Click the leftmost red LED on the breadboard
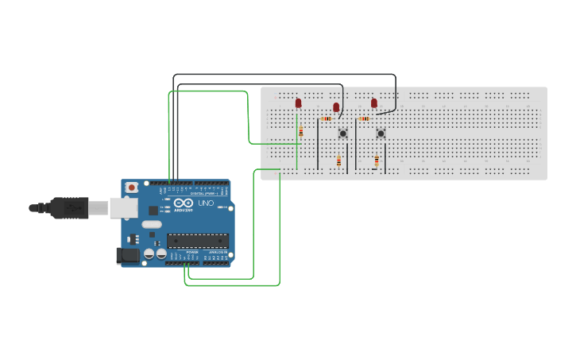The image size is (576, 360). coord(299,103)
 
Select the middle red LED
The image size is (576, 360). coord(336,107)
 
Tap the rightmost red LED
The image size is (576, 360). coord(374,103)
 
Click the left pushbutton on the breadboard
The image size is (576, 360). coord(343,133)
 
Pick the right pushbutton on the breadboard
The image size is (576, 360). coord(381,133)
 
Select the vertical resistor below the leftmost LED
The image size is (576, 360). coord(300,133)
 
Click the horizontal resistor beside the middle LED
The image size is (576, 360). coord(326,118)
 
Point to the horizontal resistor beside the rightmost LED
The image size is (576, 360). coord(364,118)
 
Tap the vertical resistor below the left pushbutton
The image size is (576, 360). coord(339,161)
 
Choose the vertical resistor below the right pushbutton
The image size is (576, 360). coord(377,161)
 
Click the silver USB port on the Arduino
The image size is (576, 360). coord(123,208)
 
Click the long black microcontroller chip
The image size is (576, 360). coord(197,241)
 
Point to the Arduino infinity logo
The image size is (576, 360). coord(183,203)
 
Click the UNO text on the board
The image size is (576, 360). coord(206,203)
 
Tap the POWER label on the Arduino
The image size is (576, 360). coord(193,252)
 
